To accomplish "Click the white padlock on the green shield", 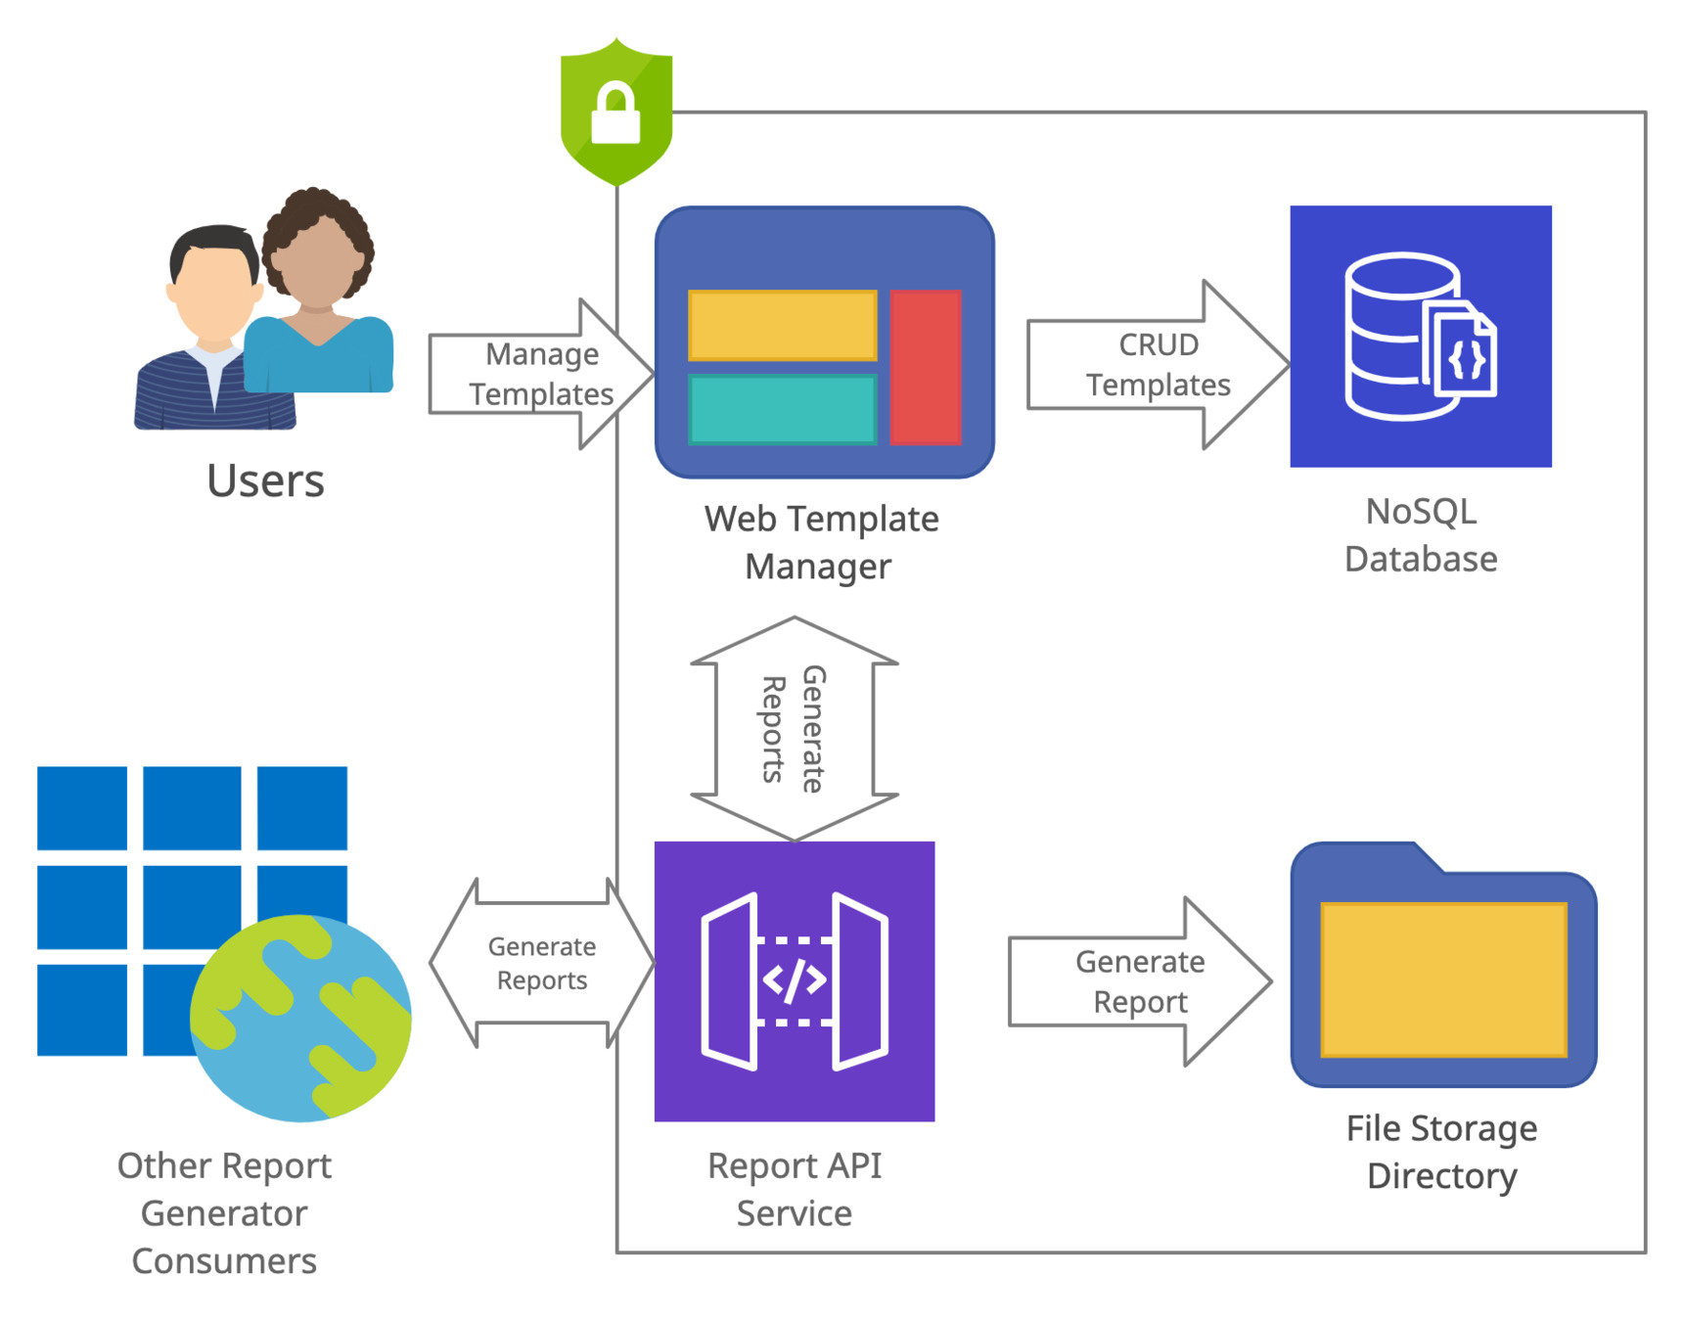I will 615,115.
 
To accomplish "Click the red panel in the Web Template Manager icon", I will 926,366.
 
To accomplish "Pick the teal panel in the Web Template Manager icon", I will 782,409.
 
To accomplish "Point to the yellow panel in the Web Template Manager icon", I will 782,325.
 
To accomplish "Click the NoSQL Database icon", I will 1420,336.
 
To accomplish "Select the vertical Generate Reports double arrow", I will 794,729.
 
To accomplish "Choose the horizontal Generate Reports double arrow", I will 541,963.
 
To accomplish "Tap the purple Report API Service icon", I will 794,980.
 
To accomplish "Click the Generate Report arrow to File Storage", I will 1140,981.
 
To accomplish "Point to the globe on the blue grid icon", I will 300,1018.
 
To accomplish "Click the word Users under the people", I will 265,480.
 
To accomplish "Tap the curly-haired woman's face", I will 316,262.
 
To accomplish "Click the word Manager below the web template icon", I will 818,567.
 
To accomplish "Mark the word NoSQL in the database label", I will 1421,512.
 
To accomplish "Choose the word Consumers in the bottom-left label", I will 224,1260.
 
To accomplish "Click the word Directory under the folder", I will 1441,1175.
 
